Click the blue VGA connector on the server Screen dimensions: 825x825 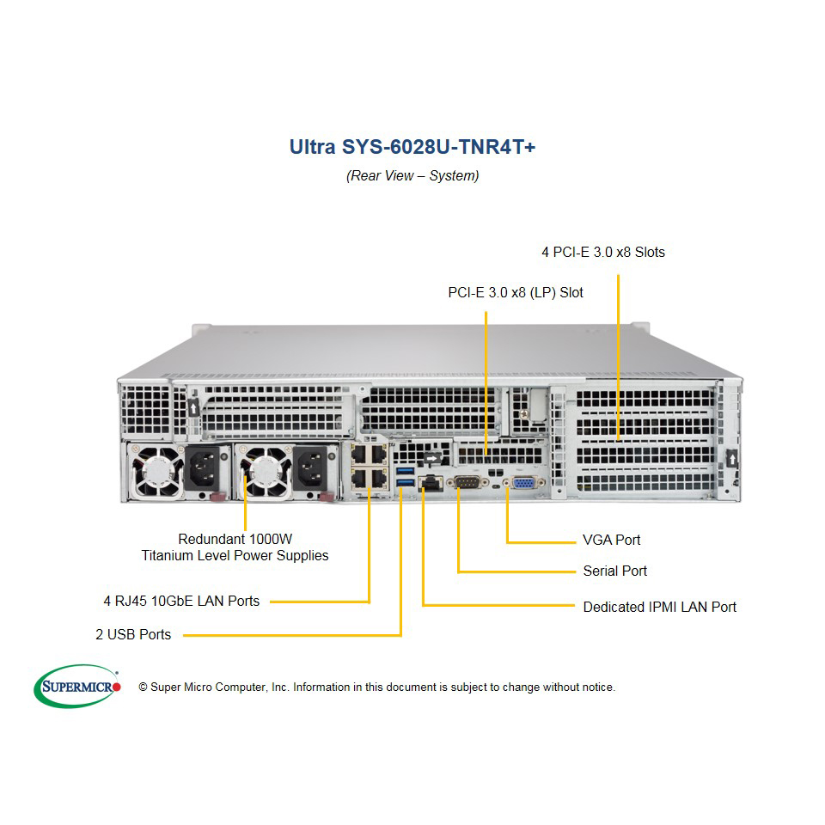tap(523, 482)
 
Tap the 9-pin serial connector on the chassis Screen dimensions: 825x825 tap(467, 482)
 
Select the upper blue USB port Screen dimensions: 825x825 tap(405, 470)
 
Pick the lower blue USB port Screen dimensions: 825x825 tap(405, 482)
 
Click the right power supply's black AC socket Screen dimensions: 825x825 tap(311, 467)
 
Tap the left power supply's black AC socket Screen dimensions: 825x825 tap(203, 467)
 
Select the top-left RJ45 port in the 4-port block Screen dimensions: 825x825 tap(359, 454)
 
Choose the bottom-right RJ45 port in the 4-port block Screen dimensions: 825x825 tap(378, 478)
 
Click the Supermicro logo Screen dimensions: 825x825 tap(76, 686)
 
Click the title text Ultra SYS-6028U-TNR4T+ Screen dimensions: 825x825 tap(412, 147)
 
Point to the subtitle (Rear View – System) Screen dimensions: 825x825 tap(412, 175)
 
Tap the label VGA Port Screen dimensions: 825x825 tap(611, 540)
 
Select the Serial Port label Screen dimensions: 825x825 tap(615, 571)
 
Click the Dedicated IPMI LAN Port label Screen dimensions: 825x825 tap(660, 607)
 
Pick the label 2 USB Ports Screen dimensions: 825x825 tap(133, 634)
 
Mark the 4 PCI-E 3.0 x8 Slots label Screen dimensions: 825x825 tap(603, 252)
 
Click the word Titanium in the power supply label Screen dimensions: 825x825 tap(168, 556)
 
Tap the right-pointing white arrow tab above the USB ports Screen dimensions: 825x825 tap(432, 458)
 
